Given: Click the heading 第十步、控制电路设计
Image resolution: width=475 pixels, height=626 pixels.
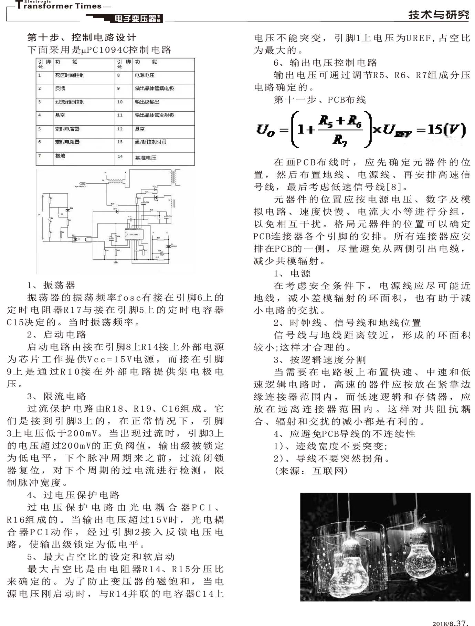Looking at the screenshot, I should [x=82, y=37].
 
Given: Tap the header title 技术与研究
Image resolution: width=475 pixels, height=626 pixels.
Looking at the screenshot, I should [x=439, y=15].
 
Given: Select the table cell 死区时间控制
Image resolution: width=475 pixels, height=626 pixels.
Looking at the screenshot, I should [x=70, y=75].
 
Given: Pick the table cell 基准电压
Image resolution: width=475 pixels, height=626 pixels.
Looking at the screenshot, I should [x=146, y=158].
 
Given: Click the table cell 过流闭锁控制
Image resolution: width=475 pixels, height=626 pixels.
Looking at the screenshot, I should [x=70, y=102].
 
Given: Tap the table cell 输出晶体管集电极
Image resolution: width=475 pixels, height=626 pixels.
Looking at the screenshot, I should [x=154, y=89].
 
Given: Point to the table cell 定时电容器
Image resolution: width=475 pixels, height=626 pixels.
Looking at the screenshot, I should [x=67, y=129].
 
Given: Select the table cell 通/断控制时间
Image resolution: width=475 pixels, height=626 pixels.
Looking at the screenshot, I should [x=150, y=142].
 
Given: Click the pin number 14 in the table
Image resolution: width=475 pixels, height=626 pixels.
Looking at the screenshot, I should [x=120, y=156].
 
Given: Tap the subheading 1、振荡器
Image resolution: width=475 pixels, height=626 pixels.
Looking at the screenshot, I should [x=51, y=285].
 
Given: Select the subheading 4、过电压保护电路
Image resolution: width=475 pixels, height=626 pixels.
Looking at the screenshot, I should [x=73, y=495].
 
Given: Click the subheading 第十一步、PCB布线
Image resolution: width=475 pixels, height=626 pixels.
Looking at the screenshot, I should [x=320, y=100].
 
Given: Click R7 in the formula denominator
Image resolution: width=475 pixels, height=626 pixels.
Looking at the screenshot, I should [x=339, y=140].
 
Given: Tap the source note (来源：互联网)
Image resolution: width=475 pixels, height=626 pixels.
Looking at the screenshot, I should [x=311, y=471].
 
